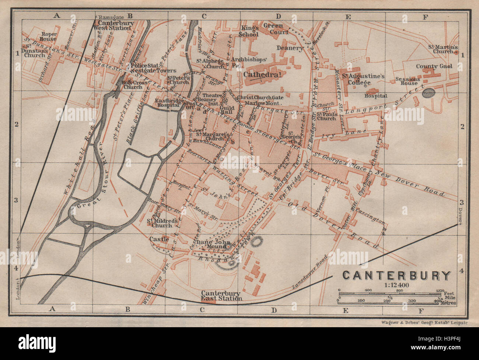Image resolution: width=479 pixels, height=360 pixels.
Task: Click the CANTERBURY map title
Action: click(397, 276)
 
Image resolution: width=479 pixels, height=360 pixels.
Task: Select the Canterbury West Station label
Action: click(112, 25)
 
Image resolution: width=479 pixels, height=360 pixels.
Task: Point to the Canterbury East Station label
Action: click(221, 296)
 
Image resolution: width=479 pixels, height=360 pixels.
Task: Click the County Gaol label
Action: click(433, 67)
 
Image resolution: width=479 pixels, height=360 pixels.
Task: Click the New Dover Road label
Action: click(409, 182)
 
